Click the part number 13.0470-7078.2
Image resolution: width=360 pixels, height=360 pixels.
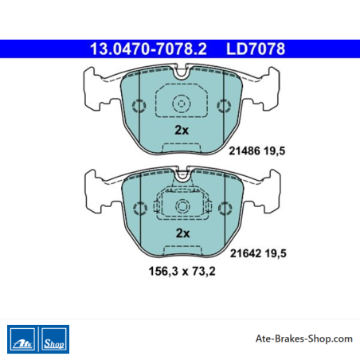pos(148,49)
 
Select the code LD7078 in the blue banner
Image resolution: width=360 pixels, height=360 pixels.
pos(256,49)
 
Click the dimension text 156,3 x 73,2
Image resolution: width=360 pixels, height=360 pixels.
pos(182,272)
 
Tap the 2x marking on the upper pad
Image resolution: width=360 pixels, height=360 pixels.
pos(182,130)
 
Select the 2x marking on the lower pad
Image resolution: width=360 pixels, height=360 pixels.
pos(183,233)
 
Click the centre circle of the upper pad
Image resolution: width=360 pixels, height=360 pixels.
pos(182,104)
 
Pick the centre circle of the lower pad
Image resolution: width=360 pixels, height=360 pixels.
pos(182,206)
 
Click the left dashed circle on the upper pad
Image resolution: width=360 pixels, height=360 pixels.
pos(139,106)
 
